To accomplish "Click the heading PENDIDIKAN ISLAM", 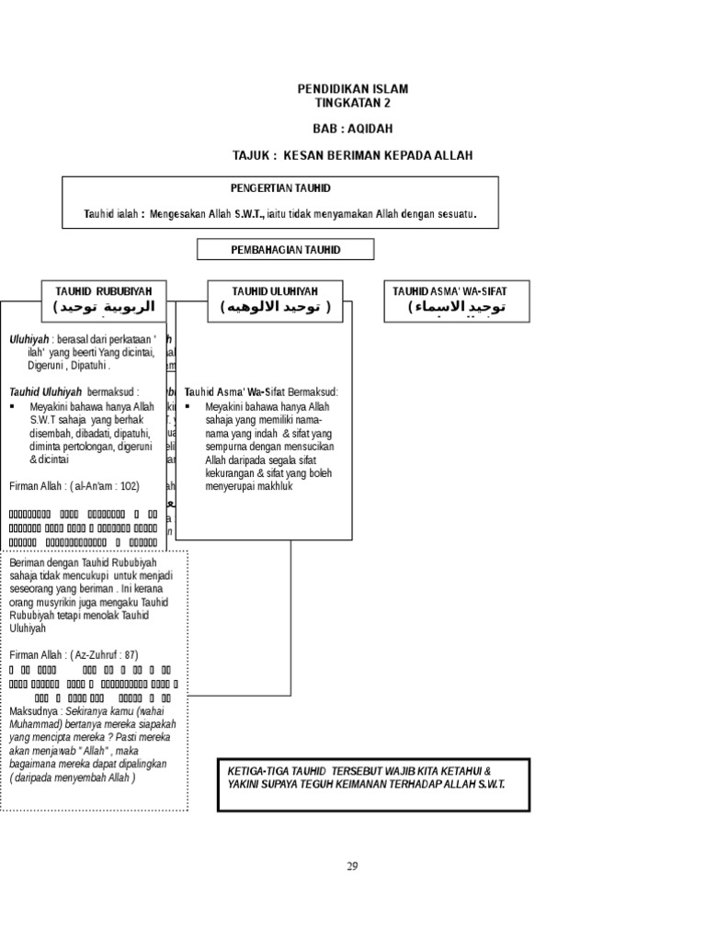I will [352, 89].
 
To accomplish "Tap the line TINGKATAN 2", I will [352, 102].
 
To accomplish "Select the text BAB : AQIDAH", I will [352, 129].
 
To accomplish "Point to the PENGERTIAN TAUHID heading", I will [280, 187].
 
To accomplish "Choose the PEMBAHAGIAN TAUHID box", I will [286, 249].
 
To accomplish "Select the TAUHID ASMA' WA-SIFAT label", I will [457, 290].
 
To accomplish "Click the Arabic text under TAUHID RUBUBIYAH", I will [104, 306].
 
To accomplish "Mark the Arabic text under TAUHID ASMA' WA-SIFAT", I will [457, 307].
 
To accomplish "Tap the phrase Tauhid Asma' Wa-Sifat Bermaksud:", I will [262, 391].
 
